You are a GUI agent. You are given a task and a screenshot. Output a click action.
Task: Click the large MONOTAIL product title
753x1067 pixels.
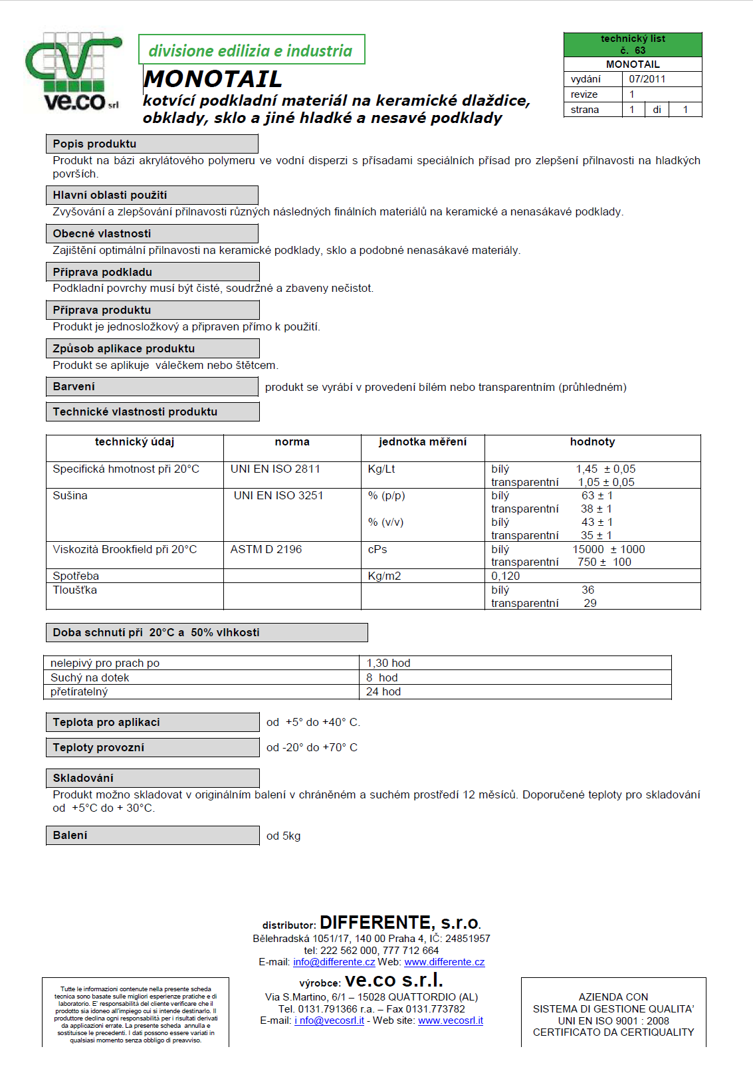213,79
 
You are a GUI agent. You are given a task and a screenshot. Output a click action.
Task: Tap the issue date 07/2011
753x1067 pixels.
647,79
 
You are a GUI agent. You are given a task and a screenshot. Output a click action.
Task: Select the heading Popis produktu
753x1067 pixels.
94,144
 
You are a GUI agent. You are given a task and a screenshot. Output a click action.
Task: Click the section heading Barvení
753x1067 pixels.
74,386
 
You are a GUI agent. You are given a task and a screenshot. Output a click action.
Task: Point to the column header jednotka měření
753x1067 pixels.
423,442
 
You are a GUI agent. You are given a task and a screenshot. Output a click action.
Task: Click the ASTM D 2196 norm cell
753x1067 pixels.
266,549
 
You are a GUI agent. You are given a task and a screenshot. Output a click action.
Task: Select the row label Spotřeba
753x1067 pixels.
76,576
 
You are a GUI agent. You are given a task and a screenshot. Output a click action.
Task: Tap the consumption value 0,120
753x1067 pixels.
505,576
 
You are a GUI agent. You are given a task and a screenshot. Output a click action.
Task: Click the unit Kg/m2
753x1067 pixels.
384,576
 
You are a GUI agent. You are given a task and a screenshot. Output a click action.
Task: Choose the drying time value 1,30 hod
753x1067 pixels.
388,663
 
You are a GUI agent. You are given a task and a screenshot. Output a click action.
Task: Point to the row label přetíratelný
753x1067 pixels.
79,691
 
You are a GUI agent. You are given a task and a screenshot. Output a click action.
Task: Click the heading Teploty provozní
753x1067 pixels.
98,747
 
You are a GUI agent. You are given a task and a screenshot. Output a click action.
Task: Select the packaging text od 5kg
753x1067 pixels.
283,836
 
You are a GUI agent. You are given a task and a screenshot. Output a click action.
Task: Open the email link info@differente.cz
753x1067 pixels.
334,962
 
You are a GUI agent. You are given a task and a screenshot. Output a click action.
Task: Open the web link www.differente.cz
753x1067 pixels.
444,962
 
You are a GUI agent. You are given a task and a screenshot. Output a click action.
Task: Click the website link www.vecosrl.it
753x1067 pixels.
450,1020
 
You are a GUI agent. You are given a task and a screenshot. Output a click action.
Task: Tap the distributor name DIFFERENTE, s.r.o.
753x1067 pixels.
400,923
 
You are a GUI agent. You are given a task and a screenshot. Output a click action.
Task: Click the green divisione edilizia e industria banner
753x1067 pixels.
251,51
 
